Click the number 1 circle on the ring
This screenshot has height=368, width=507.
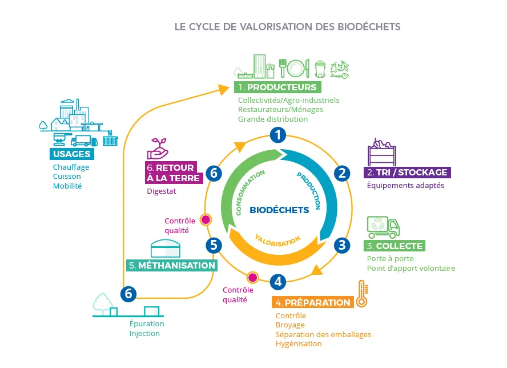point(277,135)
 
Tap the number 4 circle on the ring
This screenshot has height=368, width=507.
point(277,282)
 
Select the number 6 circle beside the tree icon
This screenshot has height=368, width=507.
point(128,294)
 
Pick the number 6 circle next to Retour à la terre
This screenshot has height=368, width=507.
point(214,173)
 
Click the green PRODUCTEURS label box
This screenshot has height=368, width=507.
point(277,87)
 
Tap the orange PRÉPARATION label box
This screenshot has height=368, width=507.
point(312,302)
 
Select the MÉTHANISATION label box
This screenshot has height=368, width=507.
point(172,265)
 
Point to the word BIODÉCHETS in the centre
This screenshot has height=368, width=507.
point(279,210)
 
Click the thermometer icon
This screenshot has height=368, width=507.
point(361,294)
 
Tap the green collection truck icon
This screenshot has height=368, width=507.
point(383,227)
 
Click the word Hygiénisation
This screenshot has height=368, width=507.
point(299,343)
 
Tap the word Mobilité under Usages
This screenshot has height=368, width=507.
point(67,186)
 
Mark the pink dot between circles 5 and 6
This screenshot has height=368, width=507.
point(206,219)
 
